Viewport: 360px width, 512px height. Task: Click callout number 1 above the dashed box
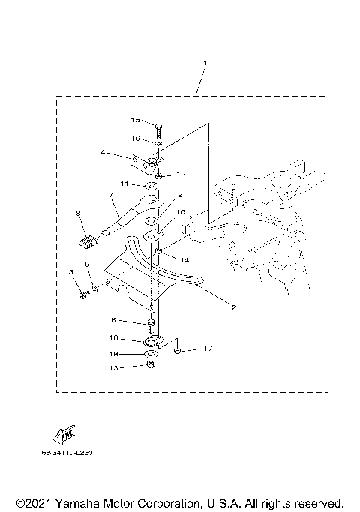tap(205, 63)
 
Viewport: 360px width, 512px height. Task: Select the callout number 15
tap(136, 120)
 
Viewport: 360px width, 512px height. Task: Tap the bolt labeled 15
tap(159, 124)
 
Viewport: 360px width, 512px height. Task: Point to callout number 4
tap(103, 153)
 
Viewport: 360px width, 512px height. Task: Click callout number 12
tap(180, 174)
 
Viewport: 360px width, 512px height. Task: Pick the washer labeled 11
tap(150, 185)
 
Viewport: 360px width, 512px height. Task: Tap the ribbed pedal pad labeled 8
tap(88, 240)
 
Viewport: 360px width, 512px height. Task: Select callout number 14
tap(184, 259)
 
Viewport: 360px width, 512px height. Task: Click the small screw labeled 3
tap(83, 295)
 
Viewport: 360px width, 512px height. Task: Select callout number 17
tap(209, 349)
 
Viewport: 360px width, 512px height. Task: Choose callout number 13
tap(135, 368)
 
